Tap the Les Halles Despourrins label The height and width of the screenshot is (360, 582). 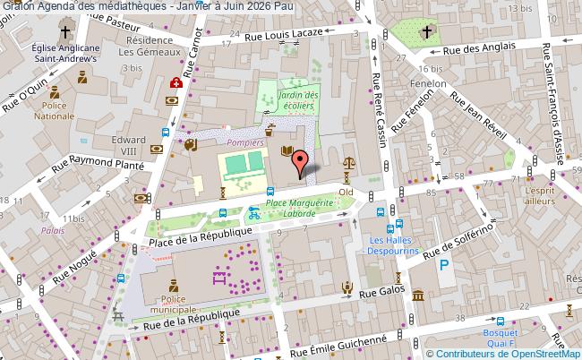coord(396,246)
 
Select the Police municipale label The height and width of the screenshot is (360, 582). coord(175,304)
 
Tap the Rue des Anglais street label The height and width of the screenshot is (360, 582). coord(474,48)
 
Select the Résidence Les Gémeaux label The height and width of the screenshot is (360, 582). coord(148,47)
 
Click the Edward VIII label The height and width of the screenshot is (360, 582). coord(129,145)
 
